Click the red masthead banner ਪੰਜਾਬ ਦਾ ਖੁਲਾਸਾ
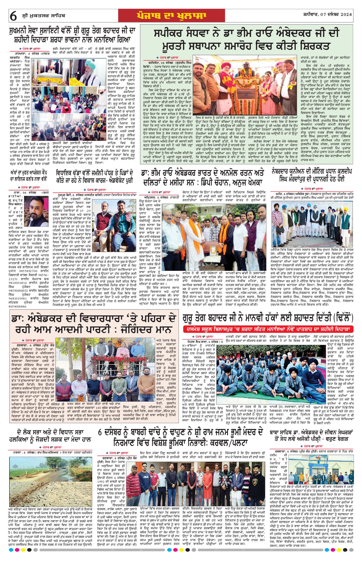click(172, 16)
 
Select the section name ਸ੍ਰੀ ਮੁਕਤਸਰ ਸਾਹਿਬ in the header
click(43, 16)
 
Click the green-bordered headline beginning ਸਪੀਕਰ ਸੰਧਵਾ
click(246, 40)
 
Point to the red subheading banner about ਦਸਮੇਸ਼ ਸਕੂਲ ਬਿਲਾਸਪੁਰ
click(268, 329)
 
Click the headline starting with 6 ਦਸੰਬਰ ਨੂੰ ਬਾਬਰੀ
click(180, 438)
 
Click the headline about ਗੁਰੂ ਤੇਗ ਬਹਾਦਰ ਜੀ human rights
click(268, 318)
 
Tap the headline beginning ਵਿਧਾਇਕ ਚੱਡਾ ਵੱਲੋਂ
click(95, 176)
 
